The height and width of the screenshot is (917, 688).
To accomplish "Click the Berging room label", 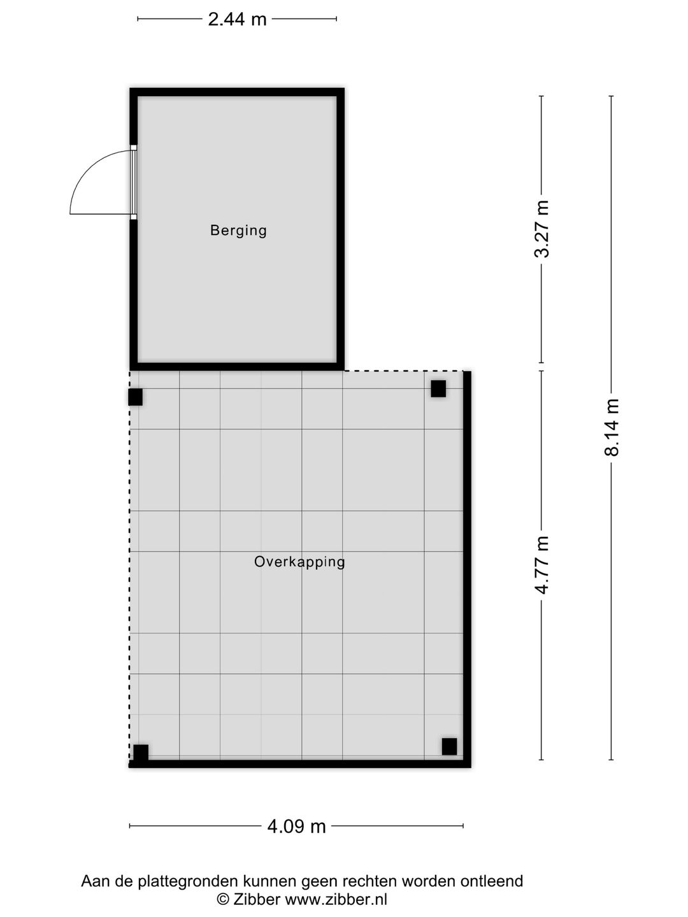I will [x=238, y=231].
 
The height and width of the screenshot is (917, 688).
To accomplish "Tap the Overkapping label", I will [x=299, y=562].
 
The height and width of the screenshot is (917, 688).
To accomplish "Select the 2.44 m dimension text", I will [x=237, y=19].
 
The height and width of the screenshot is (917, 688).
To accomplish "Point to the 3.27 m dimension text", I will [x=542, y=229].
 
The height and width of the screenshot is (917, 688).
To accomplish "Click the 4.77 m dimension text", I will [x=542, y=565].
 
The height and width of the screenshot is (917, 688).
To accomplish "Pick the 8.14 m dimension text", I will [x=612, y=427].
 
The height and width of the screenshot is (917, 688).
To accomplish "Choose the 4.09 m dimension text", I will [x=296, y=827].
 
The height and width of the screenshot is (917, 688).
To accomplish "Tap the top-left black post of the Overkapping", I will [x=135, y=397].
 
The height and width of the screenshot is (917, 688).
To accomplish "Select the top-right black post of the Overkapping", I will [x=438, y=388].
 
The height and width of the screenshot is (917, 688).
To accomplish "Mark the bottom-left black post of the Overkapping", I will [x=141, y=753].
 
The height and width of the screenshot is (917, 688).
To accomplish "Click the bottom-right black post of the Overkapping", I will [x=449, y=746].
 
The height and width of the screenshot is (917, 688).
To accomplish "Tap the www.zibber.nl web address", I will [x=336, y=899].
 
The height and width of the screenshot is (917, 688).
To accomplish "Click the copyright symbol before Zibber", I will [x=223, y=899].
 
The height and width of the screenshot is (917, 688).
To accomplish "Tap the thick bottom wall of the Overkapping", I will [x=299, y=764].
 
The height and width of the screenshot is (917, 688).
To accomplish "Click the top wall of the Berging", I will [x=237, y=92].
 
